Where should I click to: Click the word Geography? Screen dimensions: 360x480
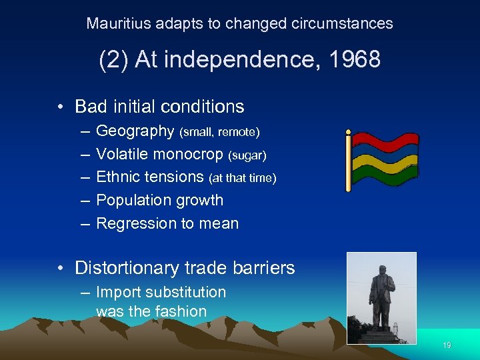(x=135, y=131)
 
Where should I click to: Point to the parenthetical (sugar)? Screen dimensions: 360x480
(x=247, y=155)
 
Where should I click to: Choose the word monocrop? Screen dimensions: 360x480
(x=191, y=155)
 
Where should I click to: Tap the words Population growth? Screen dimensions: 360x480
(x=160, y=201)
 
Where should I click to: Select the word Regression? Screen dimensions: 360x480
(x=135, y=224)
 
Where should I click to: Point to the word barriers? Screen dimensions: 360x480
(x=263, y=268)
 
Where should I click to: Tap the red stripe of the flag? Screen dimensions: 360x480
(x=385, y=141)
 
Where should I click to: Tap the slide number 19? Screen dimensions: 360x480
(x=447, y=345)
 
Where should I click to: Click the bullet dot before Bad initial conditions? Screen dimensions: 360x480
(x=61, y=107)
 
